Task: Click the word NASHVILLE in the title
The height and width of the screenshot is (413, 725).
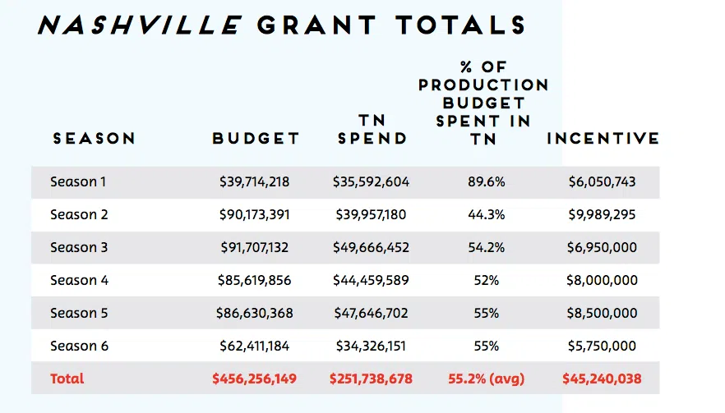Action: click(x=139, y=25)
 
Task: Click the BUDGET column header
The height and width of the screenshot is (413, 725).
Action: click(x=256, y=139)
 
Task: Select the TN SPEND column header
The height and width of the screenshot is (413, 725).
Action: click(x=372, y=130)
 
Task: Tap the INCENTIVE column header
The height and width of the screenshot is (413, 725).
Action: click(x=603, y=139)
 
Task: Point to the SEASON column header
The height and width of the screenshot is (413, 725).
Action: click(x=94, y=139)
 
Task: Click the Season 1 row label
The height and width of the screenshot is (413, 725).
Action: click(x=78, y=181)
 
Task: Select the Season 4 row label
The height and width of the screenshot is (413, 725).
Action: click(x=79, y=280)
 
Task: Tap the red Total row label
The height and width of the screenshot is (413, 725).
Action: click(x=67, y=379)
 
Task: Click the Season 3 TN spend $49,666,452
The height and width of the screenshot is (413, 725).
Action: click(x=371, y=247)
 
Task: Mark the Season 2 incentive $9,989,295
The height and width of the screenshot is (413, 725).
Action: click(x=603, y=214)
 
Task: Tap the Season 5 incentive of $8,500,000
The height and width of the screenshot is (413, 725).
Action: click(x=603, y=313)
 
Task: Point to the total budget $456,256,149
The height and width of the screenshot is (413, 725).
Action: click(x=254, y=379)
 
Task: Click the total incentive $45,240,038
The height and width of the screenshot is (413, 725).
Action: click(x=602, y=379)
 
